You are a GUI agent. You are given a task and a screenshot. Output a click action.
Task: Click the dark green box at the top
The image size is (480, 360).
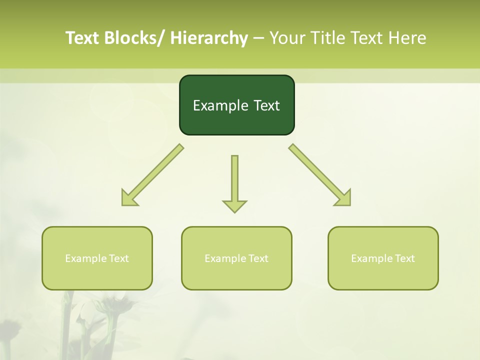pyautogui.click(x=236, y=105)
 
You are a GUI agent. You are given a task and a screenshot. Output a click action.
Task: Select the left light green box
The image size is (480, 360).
pyautogui.click(x=97, y=258)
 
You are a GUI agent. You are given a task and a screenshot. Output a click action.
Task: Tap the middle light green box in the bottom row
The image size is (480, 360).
pyautogui.click(x=236, y=258)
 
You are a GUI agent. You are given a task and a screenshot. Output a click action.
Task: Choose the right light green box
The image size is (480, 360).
pyautogui.click(x=383, y=258)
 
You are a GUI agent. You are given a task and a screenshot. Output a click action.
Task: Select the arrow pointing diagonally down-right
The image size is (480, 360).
pyautogui.click(x=320, y=175)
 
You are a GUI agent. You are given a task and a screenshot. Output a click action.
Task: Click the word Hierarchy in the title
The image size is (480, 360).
pyautogui.click(x=209, y=38)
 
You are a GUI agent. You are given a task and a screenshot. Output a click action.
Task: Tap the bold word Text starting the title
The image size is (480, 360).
pyautogui.click(x=83, y=38)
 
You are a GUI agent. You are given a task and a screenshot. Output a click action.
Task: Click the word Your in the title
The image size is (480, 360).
pyautogui.click(x=286, y=38)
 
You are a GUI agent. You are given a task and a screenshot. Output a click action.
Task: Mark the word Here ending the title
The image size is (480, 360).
pyautogui.click(x=408, y=38)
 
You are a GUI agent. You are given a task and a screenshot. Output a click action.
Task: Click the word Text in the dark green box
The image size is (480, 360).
pyautogui.click(x=265, y=105)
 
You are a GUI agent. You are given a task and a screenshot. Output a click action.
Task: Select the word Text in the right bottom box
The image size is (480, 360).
pyautogui.click(x=404, y=258)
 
